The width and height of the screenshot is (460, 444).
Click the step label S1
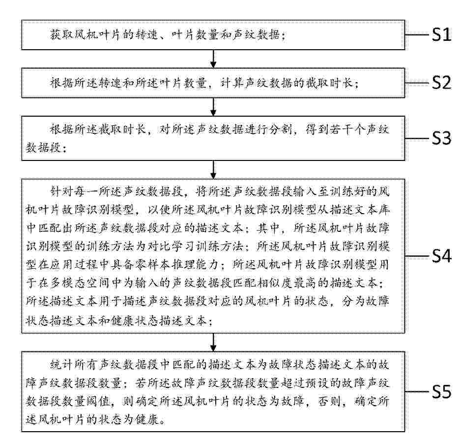[x=441, y=35]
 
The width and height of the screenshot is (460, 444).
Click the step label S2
[x=441, y=83]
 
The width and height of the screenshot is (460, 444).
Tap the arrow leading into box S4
[x=213, y=169]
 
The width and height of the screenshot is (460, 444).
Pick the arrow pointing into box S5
[x=213, y=342]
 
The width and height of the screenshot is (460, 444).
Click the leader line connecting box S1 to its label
[x=417, y=35]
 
